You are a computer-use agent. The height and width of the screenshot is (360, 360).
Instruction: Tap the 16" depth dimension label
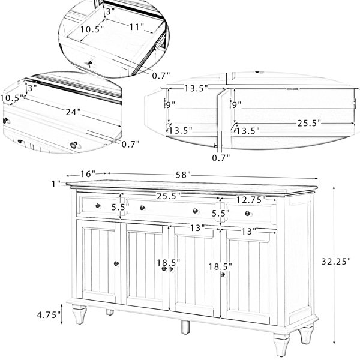88,173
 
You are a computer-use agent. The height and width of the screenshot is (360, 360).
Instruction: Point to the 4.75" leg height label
49,315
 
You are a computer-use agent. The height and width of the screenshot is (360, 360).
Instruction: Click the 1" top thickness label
56,184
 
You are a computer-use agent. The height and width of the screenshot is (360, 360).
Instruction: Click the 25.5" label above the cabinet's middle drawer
170,196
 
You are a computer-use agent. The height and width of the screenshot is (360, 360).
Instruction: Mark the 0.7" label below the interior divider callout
221,158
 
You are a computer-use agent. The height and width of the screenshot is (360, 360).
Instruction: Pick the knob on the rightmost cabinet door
223,274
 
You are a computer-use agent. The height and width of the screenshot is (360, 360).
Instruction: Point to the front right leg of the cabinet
307,337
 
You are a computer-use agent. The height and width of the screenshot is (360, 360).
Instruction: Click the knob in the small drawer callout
89,62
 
